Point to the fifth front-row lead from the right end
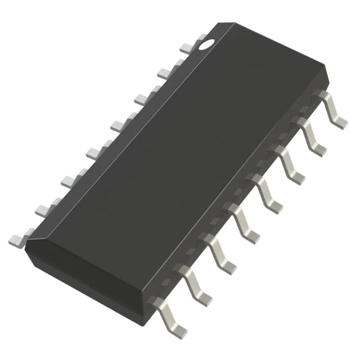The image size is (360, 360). (247, 222)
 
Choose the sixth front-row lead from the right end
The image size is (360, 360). (224, 253)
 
